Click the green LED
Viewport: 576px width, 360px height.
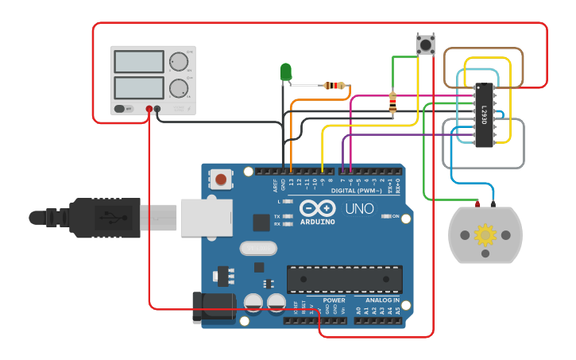tap(286, 72)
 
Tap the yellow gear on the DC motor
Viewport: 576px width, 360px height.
tap(485, 235)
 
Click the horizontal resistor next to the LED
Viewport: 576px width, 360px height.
tap(335, 86)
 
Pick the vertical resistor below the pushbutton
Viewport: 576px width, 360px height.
tap(392, 102)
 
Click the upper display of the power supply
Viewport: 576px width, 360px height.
tap(139, 62)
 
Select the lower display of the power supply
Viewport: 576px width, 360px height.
tap(139, 86)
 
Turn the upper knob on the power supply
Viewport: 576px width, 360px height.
tap(179, 61)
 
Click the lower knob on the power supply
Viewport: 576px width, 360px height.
tap(179, 87)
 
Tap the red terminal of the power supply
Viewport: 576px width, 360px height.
tap(149, 109)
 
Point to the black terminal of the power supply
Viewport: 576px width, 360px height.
tap(158, 109)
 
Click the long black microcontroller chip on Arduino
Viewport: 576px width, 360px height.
tap(344, 279)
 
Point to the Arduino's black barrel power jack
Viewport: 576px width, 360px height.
tap(213, 308)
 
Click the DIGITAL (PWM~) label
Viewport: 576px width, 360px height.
tap(354, 191)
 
